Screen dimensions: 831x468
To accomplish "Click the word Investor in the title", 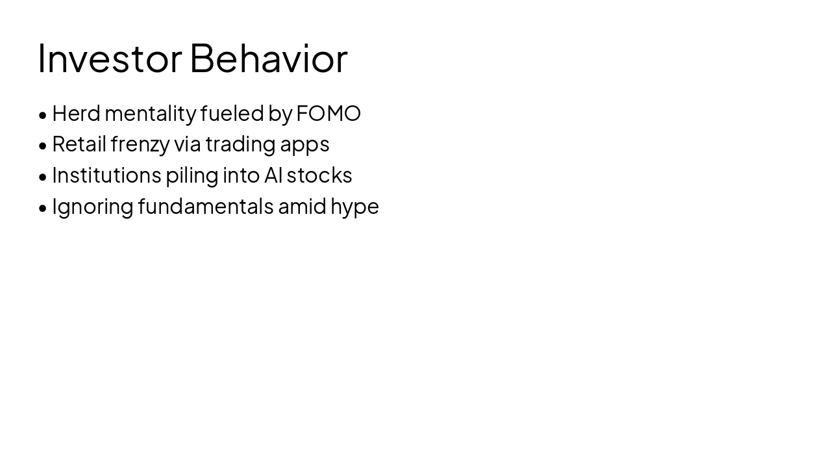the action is click(110, 58).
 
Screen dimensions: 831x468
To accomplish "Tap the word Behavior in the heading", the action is click(269, 58).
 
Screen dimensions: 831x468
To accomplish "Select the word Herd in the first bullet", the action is click(77, 113).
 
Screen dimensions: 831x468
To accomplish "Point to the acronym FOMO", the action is click(329, 113).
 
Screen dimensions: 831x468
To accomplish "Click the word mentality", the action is click(151, 114).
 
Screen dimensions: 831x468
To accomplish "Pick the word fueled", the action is click(232, 113).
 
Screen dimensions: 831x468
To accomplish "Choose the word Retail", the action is click(79, 144).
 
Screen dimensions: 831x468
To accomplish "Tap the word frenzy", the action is click(140, 145).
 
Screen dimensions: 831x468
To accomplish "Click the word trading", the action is click(241, 145).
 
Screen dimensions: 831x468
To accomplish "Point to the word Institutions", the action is click(107, 175).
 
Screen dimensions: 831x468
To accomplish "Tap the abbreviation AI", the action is click(273, 175).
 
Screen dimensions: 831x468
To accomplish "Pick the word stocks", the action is click(319, 175).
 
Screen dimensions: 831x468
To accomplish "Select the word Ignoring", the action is click(93, 207).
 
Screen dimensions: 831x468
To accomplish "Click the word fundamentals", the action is click(206, 206).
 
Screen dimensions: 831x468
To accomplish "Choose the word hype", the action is click(354, 207).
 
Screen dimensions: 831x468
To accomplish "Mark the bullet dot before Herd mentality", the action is click(43, 116).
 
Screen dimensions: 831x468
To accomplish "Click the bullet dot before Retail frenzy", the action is click(43, 146).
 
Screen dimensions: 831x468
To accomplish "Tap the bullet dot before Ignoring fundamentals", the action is click(43, 209).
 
